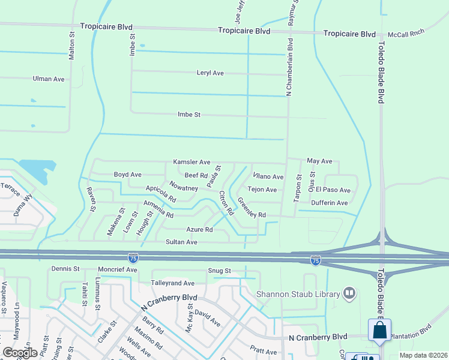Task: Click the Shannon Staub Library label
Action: click(298, 294)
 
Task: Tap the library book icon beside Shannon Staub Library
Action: click(349, 293)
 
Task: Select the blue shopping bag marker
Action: click(379, 330)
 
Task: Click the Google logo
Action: click(20, 353)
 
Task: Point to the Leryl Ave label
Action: click(210, 73)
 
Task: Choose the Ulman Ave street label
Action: click(49, 79)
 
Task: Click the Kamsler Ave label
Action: click(191, 162)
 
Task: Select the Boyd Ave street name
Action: click(128, 175)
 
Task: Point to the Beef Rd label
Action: click(196, 175)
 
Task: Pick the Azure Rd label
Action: click(199, 230)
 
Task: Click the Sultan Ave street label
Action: click(181, 242)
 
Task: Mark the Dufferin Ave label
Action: click(330, 203)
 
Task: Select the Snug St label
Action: click(219, 271)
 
